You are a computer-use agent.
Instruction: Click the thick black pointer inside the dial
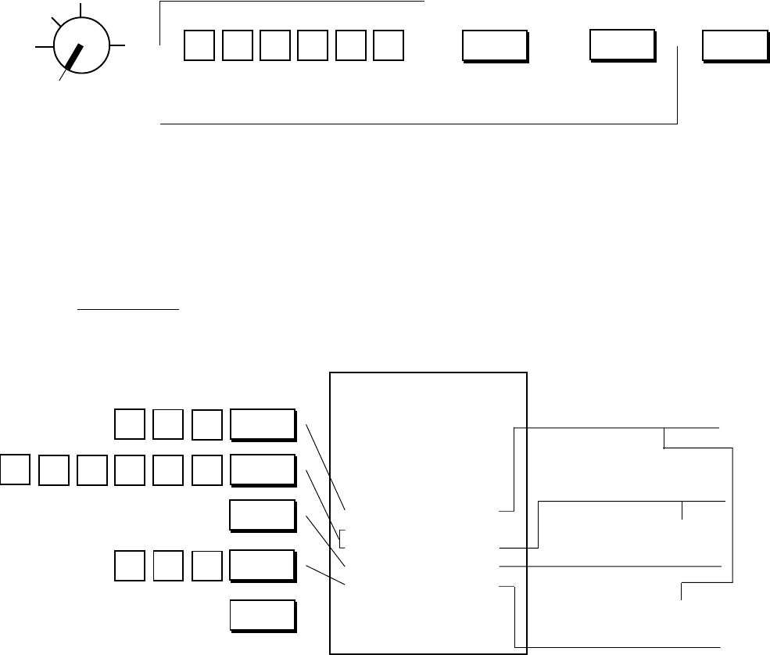coord(76,57)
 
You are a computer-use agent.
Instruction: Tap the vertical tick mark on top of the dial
coord(79,10)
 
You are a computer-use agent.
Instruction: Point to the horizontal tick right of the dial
coord(118,45)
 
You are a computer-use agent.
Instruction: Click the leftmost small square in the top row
coord(198,46)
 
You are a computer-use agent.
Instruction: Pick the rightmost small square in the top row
coord(389,46)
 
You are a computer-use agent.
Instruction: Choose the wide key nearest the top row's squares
coord(494,46)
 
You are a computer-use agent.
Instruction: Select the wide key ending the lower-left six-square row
coord(263,470)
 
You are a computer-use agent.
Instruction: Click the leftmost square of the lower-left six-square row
coord(16,470)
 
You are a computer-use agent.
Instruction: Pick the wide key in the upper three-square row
coord(263,423)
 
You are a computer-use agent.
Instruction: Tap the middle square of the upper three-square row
coord(168,423)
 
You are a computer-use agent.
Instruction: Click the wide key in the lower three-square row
coord(263,566)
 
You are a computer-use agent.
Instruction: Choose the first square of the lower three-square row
coord(130,566)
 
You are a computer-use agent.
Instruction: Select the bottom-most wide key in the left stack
coord(263,614)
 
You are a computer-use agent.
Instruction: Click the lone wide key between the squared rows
coord(263,515)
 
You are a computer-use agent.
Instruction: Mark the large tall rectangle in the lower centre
coord(428,512)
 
